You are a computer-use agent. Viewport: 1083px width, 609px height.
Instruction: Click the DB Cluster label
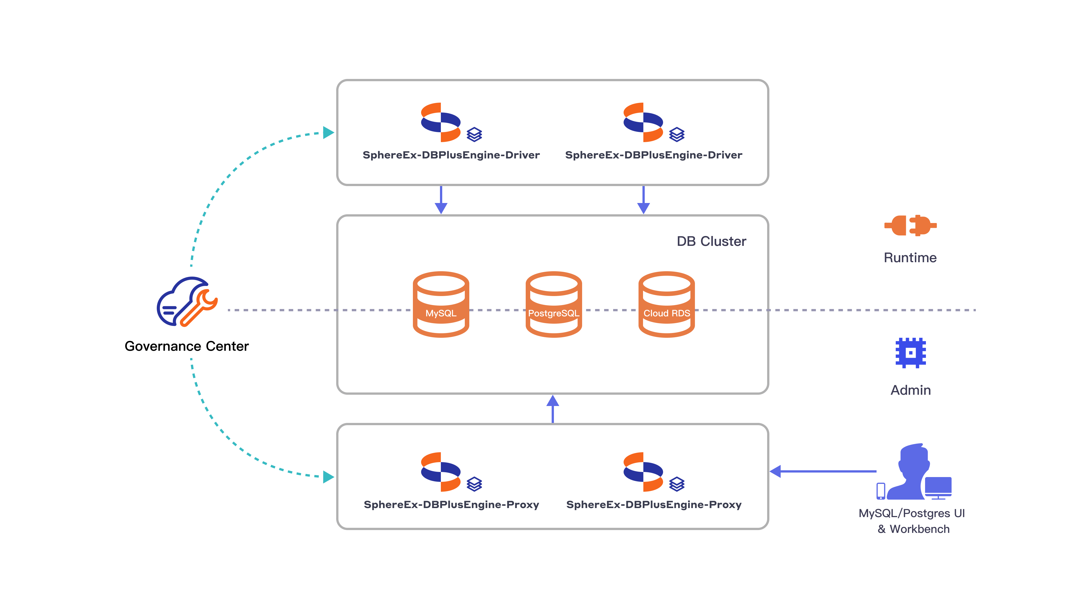tap(711, 241)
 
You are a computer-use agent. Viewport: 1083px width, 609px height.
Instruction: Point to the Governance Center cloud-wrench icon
tap(187, 301)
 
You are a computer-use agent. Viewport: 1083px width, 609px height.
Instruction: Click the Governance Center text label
tap(187, 346)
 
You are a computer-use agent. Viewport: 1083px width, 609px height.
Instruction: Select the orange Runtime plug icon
tap(910, 226)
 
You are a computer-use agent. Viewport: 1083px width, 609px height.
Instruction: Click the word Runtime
tap(910, 258)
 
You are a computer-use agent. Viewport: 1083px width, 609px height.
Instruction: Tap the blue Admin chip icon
tap(910, 353)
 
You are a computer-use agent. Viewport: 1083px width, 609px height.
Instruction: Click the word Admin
tap(911, 390)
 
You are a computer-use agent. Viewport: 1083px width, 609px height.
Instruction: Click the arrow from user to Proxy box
tap(824, 472)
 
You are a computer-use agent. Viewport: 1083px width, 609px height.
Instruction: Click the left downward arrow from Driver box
tap(441, 200)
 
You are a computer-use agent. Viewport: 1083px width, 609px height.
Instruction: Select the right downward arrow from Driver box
tap(643, 200)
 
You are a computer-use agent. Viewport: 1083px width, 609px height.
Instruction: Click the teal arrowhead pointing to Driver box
tap(328, 133)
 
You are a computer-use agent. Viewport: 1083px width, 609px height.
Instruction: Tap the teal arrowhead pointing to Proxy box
tap(328, 477)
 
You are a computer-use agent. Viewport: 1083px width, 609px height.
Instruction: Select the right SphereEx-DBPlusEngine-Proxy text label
tap(654, 504)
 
